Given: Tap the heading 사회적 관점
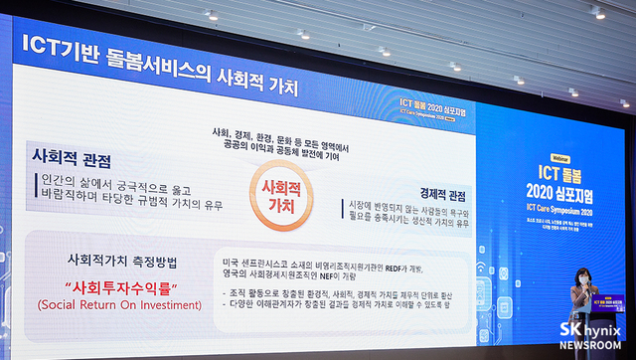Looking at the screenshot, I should (72, 158).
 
